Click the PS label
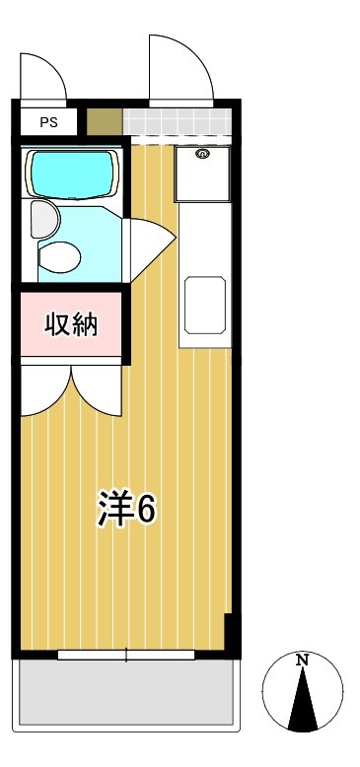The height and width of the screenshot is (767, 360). coord(48,122)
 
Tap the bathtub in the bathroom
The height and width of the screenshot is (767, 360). coord(73,174)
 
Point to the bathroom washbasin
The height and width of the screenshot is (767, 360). coord(42,218)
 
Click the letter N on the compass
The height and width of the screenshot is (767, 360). coord(304,660)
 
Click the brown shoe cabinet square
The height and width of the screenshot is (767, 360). coord(104,122)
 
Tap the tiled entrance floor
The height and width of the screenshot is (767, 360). coord(178,122)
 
